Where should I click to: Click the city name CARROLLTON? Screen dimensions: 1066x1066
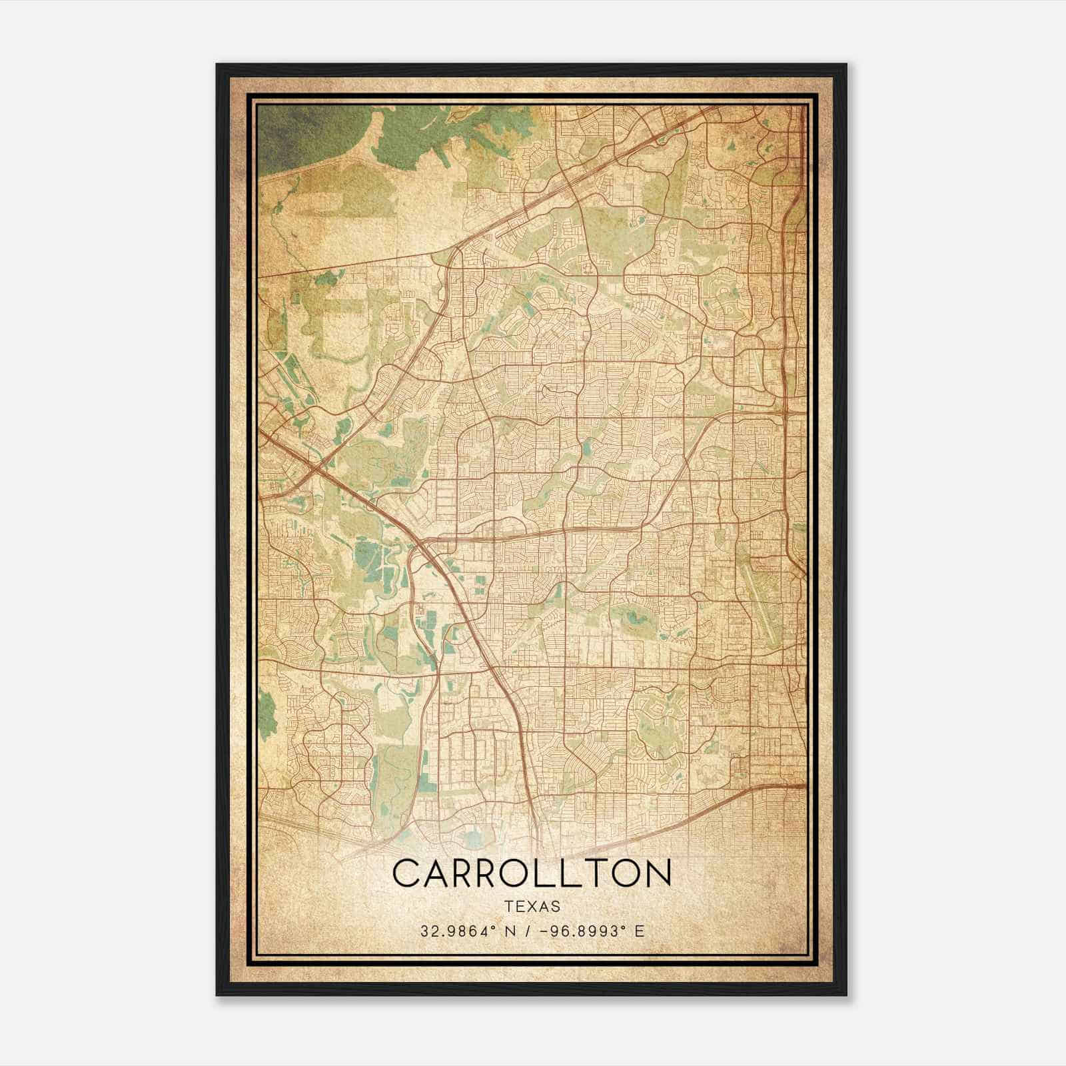(532, 873)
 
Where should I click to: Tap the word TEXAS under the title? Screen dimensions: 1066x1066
(532, 907)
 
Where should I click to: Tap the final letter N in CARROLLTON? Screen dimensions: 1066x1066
(656, 873)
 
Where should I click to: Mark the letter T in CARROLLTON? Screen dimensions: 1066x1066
(594, 873)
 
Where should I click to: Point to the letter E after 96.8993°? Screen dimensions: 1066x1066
(640, 931)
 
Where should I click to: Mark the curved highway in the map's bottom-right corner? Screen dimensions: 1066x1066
(726, 799)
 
